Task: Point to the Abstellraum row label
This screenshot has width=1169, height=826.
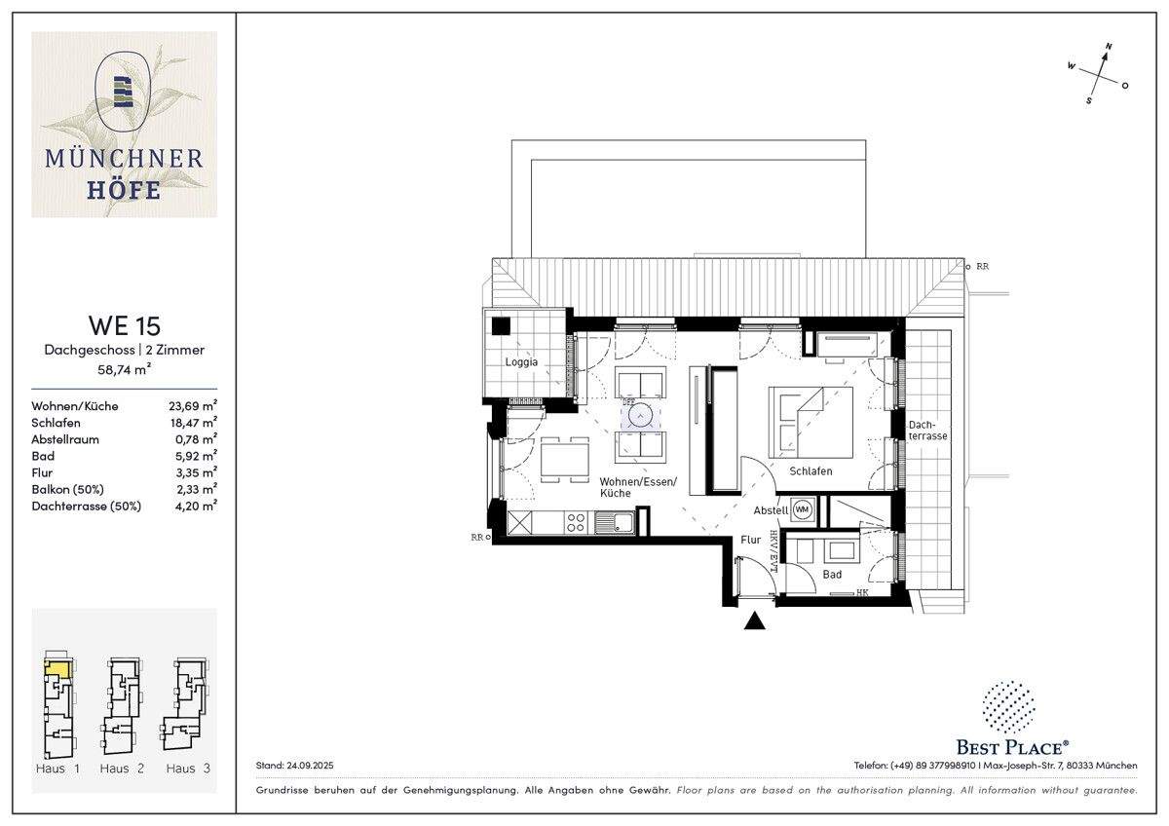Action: (65, 439)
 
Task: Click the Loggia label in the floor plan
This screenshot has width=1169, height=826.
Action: (521, 362)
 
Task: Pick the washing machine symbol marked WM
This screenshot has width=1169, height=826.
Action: (803, 508)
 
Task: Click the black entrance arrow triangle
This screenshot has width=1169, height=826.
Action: (755, 620)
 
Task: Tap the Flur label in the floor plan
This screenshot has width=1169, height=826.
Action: (750, 540)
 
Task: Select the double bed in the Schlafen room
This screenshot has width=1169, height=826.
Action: (811, 422)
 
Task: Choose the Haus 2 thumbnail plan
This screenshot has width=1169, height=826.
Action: (122, 706)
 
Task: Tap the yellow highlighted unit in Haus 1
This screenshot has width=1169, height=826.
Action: (57, 669)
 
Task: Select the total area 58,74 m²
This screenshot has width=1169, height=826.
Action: (124, 370)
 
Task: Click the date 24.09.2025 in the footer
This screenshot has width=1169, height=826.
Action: (307, 767)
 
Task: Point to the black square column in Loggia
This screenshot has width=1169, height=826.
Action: (501, 327)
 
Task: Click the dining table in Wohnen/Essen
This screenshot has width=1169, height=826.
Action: (565, 459)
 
